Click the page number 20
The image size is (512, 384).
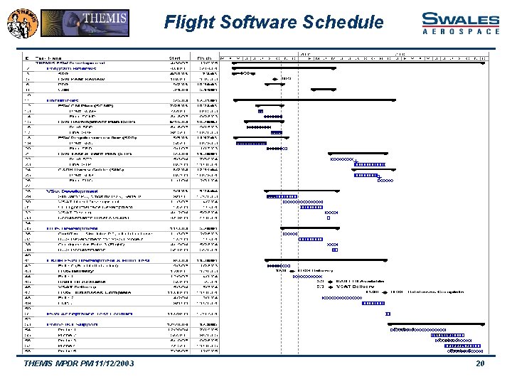coord(480,363)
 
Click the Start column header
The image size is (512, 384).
coord(175,58)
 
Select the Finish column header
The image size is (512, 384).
coord(205,58)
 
